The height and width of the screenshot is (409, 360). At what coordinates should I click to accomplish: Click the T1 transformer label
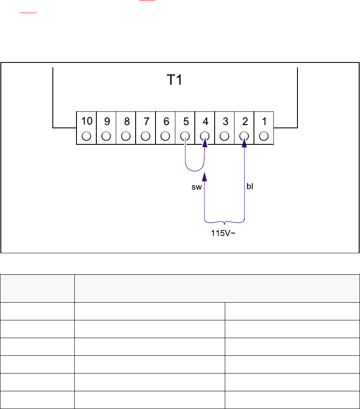tap(173, 80)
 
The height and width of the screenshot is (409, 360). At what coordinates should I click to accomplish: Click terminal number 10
tap(87, 122)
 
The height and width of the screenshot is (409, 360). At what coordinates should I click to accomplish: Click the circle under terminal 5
tap(185, 136)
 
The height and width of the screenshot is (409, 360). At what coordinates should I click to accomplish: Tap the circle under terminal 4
tap(205, 136)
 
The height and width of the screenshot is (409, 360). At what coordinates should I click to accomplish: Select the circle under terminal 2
tap(244, 136)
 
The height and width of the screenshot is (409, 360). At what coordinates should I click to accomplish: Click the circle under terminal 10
tap(87, 136)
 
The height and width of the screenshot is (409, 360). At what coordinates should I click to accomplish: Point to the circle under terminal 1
tap(264, 136)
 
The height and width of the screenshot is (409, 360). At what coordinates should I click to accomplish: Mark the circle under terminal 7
tap(146, 136)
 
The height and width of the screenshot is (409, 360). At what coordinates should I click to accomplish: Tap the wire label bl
tap(249, 186)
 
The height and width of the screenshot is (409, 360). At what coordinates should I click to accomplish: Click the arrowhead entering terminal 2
tap(244, 144)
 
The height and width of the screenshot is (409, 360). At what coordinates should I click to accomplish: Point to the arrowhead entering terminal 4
tap(205, 144)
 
